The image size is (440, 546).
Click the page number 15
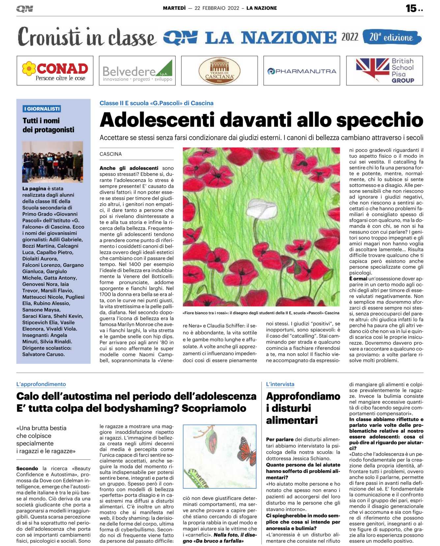click(x=411, y=8)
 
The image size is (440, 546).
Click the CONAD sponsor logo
click(x=55, y=71)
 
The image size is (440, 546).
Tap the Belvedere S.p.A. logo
click(x=137, y=71)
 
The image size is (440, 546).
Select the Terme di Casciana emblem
click(x=219, y=71)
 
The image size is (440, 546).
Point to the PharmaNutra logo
click(x=302, y=71)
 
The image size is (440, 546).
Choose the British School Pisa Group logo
click(x=384, y=71)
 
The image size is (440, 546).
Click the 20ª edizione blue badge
click(x=391, y=37)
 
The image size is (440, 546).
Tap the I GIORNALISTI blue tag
click(x=42, y=109)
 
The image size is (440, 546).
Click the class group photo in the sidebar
click(x=52, y=162)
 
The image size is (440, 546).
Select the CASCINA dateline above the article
click(x=111, y=154)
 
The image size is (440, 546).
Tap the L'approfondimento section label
click(x=41, y=384)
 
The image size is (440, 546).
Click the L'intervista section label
click(x=280, y=384)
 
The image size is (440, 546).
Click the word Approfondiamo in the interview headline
click(x=303, y=396)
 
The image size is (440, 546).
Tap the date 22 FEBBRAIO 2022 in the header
click(x=217, y=8)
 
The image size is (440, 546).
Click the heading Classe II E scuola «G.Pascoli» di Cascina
click(x=157, y=103)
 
